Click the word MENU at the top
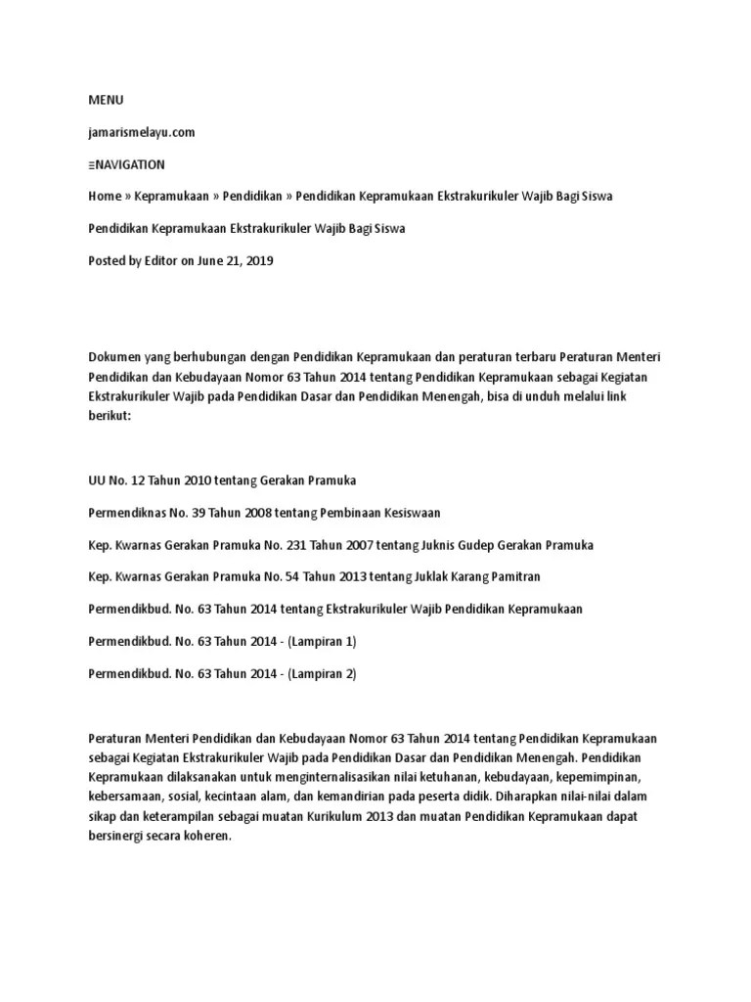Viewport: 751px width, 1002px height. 107,100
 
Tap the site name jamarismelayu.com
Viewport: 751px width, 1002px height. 142,132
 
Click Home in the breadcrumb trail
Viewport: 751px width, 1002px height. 105,197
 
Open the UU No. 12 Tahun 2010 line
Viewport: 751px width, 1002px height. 222,480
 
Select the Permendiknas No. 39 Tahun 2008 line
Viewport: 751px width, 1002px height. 264,513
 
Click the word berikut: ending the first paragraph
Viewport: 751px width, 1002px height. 109,415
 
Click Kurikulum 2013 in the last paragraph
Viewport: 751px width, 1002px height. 375,817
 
